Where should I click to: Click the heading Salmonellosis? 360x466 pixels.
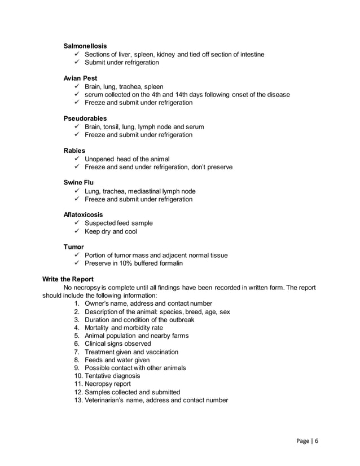tap(85, 45)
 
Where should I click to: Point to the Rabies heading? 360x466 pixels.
tap(74, 151)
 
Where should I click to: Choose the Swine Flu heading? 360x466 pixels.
tap(78, 183)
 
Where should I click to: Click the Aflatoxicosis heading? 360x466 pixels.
tap(85, 215)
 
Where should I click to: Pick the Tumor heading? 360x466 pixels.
tap(73, 247)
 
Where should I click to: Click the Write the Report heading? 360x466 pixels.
tap(68, 280)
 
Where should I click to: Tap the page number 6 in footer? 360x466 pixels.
tap(317, 441)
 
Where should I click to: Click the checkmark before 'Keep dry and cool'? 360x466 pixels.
tap(77, 231)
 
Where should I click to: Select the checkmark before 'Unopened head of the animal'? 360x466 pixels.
tap(77, 159)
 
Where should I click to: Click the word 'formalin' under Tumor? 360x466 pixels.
tap(170, 263)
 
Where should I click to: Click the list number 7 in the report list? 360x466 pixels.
tap(77, 351)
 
